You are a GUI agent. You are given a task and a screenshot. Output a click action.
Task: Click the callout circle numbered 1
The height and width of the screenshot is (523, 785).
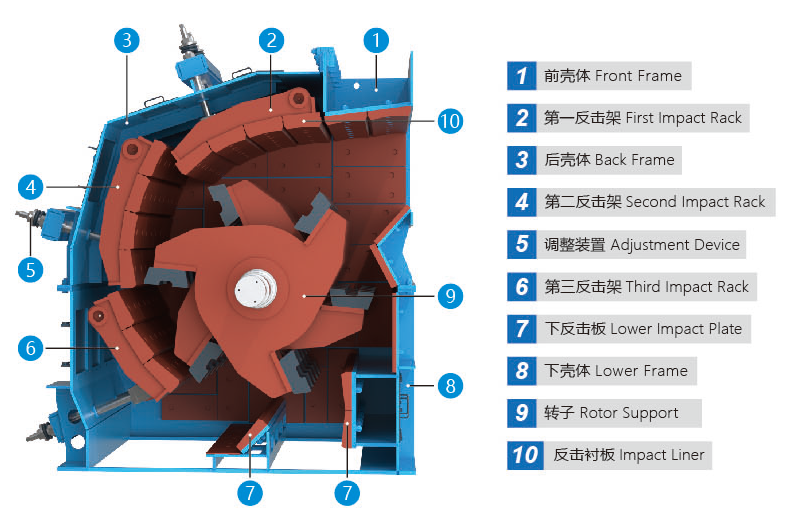point(376,41)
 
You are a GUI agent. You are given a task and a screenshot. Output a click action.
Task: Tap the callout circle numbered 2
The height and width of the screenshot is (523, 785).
point(271,41)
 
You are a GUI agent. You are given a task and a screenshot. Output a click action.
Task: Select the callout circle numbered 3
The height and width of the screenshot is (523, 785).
point(127,41)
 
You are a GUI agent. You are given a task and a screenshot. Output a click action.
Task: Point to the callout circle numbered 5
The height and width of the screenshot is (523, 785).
point(31,270)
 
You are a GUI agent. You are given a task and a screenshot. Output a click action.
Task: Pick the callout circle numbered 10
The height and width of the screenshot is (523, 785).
point(450,121)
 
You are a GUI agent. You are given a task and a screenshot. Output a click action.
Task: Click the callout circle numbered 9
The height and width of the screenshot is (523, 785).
point(450,296)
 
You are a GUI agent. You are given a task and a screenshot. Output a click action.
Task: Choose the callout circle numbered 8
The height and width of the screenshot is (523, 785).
point(450,386)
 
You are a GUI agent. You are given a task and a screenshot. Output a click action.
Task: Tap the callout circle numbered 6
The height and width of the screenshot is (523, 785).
point(31,348)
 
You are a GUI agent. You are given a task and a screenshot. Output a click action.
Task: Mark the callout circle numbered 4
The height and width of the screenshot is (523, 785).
point(31,187)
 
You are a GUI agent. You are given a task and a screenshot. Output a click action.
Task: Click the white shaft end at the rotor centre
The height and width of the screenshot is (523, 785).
point(256,289)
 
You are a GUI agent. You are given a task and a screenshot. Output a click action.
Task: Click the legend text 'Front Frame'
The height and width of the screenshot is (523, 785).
point(638,76)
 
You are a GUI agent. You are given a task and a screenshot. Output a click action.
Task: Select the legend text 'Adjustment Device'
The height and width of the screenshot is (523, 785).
point(675,245)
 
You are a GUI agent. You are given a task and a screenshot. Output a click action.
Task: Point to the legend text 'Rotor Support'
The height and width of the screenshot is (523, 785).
point(629,413)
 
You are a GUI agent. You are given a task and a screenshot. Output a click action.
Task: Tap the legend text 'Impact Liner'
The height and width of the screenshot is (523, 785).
point(662,455)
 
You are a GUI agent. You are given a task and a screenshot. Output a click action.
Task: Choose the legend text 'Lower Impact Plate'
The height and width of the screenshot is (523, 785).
point(676,329)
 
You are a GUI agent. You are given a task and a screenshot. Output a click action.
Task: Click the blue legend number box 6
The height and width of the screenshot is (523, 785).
point(522,287)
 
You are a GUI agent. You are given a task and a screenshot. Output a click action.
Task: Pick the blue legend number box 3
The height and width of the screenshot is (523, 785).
point(522,160)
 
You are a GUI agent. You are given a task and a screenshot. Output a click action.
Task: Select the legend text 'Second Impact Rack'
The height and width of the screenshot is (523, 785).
point(695,202)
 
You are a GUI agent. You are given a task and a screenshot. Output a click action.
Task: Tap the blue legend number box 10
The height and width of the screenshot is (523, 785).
point(525,455)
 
